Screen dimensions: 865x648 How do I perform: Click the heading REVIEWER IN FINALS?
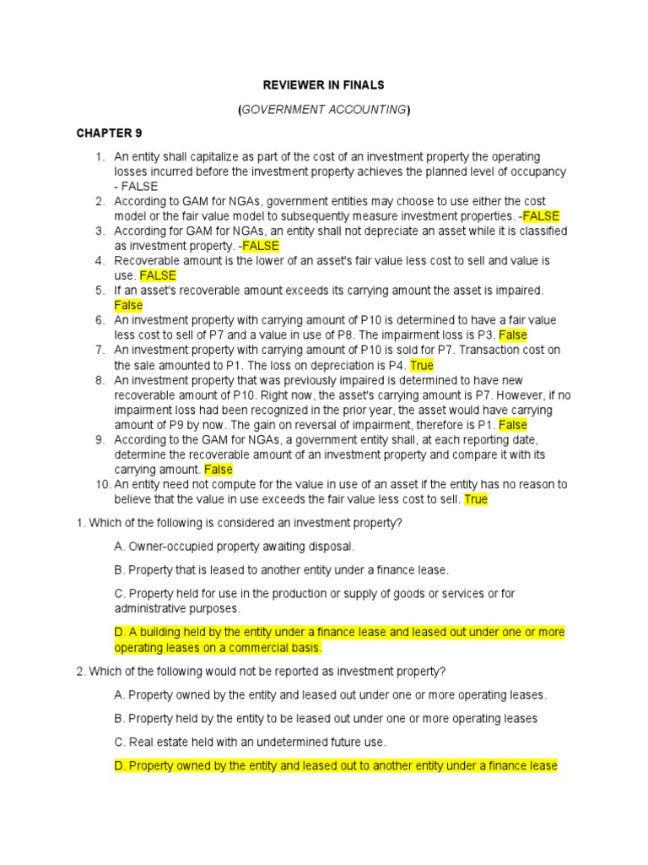click(324, 84)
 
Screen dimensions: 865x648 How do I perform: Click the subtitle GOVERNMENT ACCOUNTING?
click(324, 109)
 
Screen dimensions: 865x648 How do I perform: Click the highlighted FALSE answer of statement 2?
click(541, 216)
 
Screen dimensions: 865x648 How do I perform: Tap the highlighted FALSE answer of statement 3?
click(260, 246)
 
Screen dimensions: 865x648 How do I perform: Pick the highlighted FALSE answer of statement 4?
click(158, 275)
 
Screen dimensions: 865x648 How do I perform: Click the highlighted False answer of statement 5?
click(128, 305)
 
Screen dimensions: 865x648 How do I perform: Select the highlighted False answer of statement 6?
click(513, 335)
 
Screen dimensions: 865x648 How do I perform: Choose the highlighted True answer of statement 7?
click(421, 365)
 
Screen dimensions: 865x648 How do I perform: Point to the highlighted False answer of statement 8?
click(513, 424)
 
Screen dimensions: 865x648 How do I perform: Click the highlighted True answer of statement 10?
click(476, 499)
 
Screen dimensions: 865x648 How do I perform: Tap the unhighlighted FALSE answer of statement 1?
click(138, 187)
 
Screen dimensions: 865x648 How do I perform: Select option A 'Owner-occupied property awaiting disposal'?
click(235, 547)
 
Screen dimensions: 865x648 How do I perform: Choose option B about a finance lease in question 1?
click(282, 570)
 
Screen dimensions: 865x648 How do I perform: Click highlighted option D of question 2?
click(336, 765)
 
